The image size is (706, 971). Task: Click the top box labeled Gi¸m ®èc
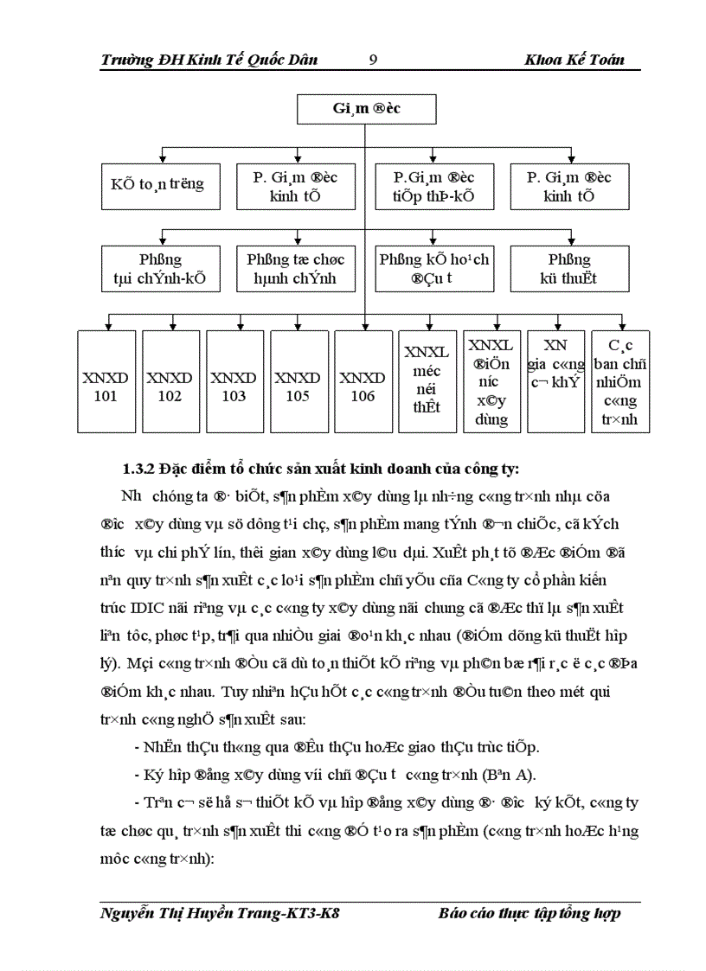[366, 110]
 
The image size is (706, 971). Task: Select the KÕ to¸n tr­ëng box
[157, 185]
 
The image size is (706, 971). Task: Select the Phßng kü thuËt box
[569, 269]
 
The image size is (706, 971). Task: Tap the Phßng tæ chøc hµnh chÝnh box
[295, 269]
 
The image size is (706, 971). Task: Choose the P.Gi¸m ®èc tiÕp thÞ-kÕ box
[433, 186]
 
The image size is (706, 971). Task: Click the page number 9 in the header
[373, 60]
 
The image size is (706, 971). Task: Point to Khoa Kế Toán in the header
[574, 60]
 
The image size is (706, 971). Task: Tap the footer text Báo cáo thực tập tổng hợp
[529, 914]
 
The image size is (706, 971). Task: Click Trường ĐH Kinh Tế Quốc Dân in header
[209, 60]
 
